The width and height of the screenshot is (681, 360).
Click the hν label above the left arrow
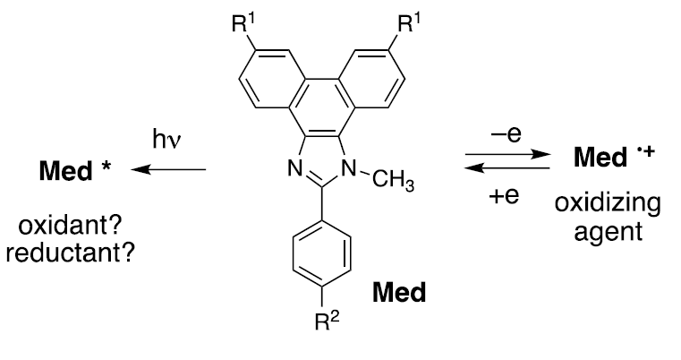click(x=168, y=140)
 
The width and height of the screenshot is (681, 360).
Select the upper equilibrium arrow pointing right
click(x=506, y=155)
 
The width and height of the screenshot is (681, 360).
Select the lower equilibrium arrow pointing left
click(x=506, y=171)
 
